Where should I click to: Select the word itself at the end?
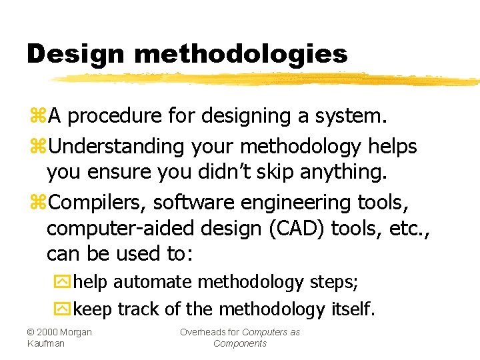click(x=353, y=309)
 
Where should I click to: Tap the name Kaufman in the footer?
click(x=46, y=343)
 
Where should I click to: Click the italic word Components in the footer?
click(x=240, y=343)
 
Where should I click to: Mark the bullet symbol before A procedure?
click(x=37, y=117)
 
